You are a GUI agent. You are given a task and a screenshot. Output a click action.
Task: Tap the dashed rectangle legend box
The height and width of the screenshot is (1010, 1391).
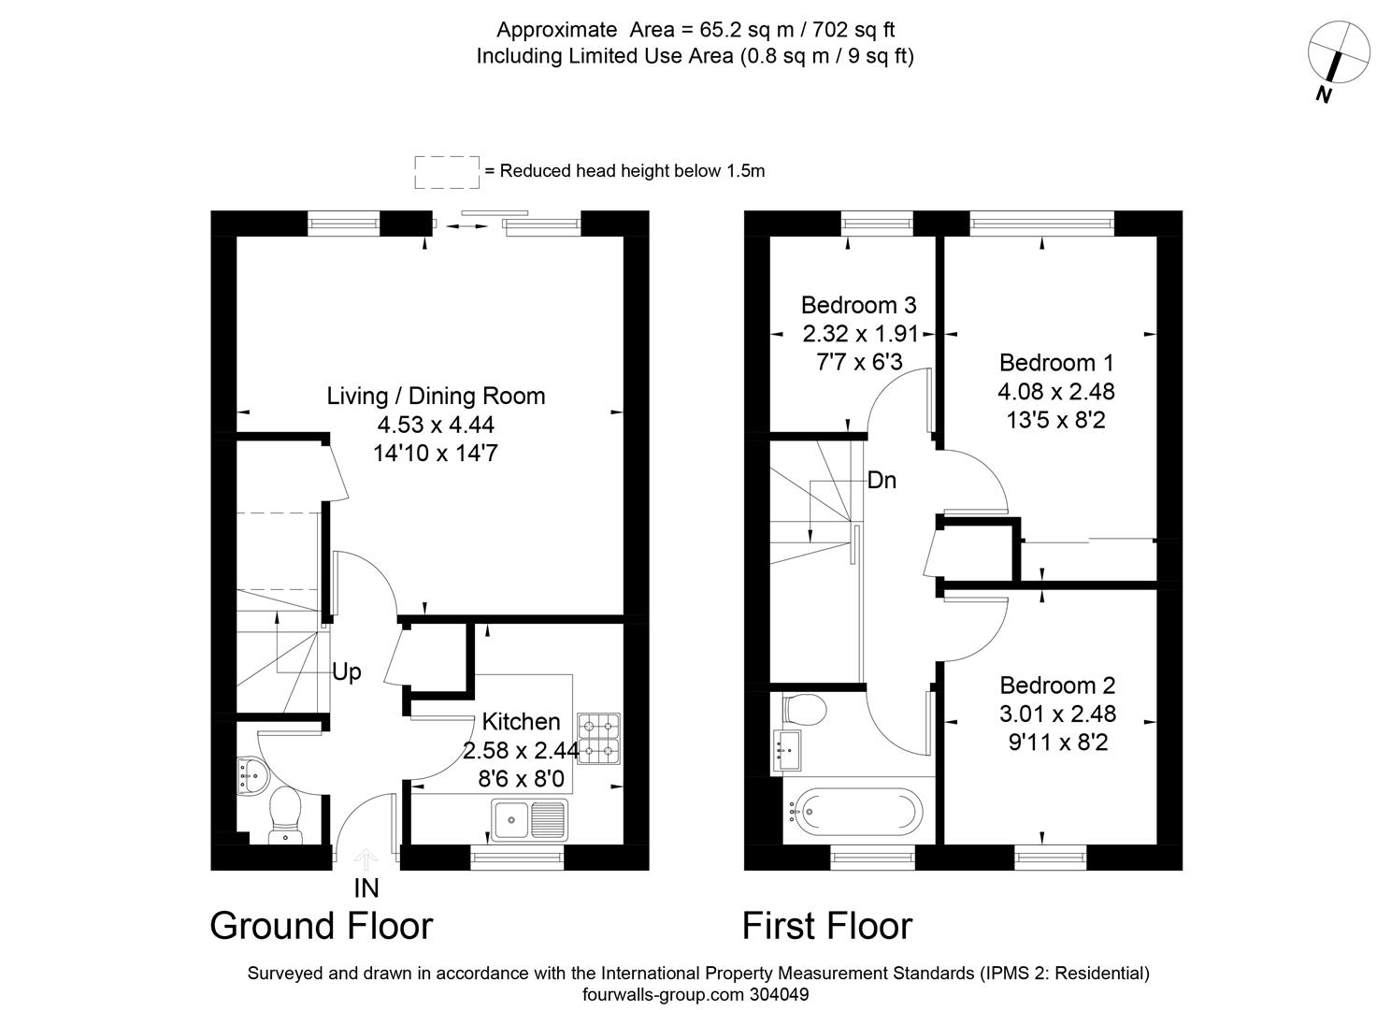(447, 171)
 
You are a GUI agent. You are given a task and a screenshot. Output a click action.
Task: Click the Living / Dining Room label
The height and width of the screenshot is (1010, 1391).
(436, 396)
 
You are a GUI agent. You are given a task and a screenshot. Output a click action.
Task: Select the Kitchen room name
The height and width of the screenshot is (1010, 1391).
(521, 721)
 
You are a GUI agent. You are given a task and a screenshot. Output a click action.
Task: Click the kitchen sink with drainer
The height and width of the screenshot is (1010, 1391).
(529, 819)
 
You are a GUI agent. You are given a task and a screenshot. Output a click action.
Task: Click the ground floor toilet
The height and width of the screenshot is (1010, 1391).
(285, 813)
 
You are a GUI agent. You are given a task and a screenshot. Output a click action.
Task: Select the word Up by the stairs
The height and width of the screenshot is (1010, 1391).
(347, 672)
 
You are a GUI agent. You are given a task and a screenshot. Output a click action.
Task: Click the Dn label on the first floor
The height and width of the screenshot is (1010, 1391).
(882, 481)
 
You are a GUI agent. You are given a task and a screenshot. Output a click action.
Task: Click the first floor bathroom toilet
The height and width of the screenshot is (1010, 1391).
(803, 709)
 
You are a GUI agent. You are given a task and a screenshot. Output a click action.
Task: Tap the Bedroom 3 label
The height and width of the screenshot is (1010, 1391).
(858, 305)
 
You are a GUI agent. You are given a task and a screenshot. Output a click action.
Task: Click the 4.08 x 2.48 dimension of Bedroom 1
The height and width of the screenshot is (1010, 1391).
(1056, 391)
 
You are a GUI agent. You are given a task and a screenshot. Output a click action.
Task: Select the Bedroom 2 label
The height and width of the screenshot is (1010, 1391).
(1057, 685)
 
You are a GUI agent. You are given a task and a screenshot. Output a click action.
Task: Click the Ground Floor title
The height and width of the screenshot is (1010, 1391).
(321, 926)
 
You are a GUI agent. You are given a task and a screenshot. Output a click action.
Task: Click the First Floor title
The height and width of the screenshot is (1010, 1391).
(826, 926)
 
